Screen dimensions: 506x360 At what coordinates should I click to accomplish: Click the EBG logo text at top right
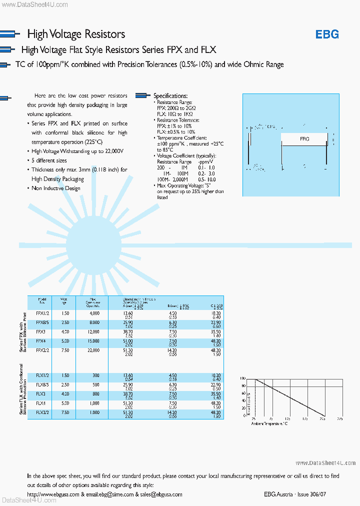click(x=327, y=34)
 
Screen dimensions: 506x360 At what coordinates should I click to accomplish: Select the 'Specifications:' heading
click(x=170, y=96)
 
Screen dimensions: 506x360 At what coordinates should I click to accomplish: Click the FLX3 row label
click(x=41, y=394)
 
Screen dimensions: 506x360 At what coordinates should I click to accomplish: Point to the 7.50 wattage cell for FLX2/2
click(x=65, y=413)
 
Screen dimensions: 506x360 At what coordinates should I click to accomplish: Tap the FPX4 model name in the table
click(x=41, y=341)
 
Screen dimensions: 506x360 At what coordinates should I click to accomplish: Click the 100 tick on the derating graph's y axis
click(x=243, y=379)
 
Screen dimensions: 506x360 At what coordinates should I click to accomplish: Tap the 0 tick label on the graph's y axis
click(x=244, y=415)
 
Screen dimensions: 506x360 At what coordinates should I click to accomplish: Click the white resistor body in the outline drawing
click(x=303, y=139)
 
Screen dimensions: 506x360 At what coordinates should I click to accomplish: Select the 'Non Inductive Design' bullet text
click(x=56, y=188)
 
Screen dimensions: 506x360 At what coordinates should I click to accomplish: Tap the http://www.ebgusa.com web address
click(x=53, y=494)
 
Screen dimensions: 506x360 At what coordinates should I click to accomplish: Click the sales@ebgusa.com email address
click(x=161, y=494)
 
